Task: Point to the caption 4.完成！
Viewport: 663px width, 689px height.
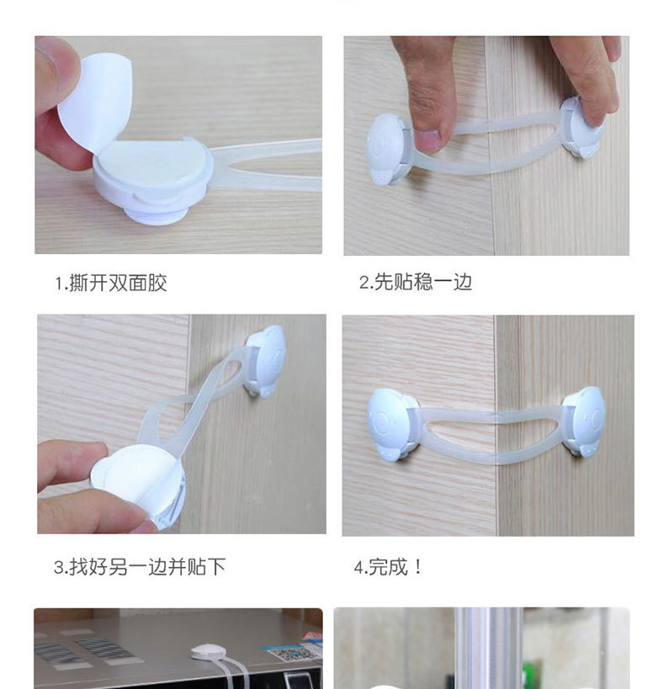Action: pos(389,567)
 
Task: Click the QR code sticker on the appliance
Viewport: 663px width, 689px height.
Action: pos(291,653)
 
